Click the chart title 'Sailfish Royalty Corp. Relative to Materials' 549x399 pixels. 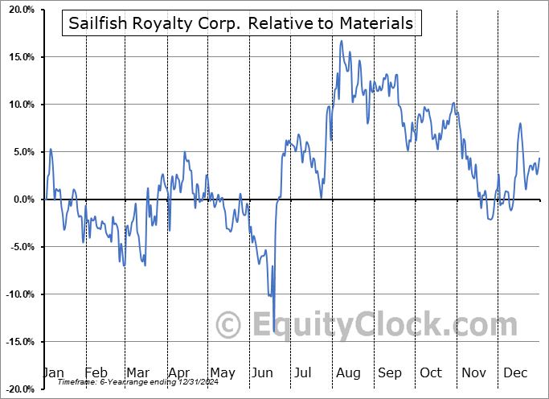coord(241,23)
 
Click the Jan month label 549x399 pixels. coord(52,372)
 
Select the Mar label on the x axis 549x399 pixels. coord(137,372)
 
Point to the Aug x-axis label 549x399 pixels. coord(348,372)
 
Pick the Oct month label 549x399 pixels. coord(432,372)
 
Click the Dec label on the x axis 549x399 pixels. coord(516,372)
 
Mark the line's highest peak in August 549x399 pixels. coord(342,41)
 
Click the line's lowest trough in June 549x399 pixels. coord(274,331)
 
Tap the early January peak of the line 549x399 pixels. coord(51,149)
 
